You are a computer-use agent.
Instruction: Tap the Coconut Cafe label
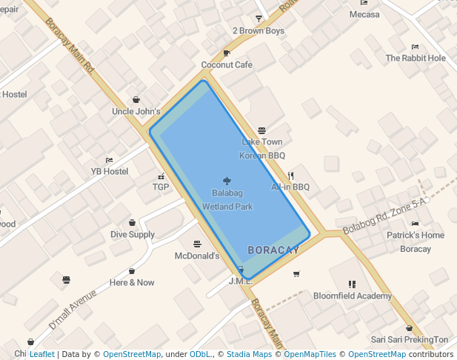point(227,65)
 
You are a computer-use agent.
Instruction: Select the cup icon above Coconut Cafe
point(227,53)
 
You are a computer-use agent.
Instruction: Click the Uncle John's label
point(136,112)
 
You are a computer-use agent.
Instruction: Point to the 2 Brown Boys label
point(258,31)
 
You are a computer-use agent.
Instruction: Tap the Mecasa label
point(364,15)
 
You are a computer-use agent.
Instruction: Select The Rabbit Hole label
point(416,58)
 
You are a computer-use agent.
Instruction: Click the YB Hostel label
point(110,171)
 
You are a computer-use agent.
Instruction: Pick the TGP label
point(161,187)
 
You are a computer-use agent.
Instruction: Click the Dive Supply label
point(133,235)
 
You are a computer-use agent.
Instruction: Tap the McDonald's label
point(197,256)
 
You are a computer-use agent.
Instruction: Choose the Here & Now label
point(132,282)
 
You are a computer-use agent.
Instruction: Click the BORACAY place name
point(273,250)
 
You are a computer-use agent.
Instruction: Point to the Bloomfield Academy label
point(352,296)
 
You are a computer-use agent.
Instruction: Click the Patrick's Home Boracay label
point(415,242)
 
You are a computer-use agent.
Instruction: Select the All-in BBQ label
point(290,187)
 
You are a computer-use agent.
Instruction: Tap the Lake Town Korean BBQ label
point(261,148)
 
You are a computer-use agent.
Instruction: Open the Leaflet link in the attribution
point(42,354)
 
